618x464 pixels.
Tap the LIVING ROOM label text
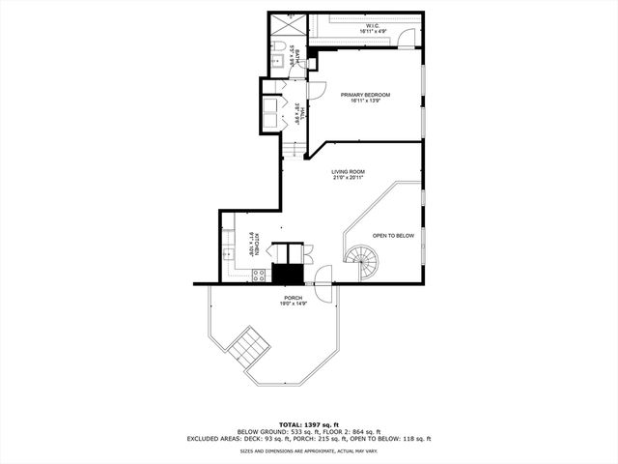[x=348, y=171]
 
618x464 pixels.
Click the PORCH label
[x=294, y=298]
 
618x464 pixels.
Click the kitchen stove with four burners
[x=259, y=275]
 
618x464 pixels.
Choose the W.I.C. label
[x=371, y=26]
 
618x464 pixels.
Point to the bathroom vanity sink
[x=274, y=62]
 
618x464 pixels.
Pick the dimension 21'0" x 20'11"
[x=347, y=178]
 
